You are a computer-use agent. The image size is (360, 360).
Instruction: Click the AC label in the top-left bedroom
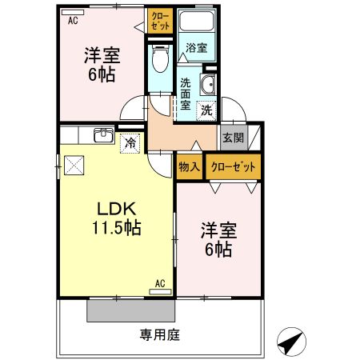pos(72,22)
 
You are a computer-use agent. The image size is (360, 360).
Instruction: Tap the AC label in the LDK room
pos(159,283)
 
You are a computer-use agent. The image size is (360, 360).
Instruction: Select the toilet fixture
pos(159,57)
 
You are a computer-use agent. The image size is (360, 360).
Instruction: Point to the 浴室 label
pos(196,48)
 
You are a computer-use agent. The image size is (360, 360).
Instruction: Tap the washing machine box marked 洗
pos(206,110)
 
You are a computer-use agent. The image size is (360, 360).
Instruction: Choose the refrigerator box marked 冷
pos(130,143)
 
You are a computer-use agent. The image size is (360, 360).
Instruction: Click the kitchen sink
pos(102,135)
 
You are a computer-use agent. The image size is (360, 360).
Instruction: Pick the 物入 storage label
pos(189,167)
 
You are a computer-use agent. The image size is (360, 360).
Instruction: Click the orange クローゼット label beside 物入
pos(234,167)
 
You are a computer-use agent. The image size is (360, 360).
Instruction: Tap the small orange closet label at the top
pos(159,21)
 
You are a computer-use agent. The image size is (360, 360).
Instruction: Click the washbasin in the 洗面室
pos(210,87)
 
